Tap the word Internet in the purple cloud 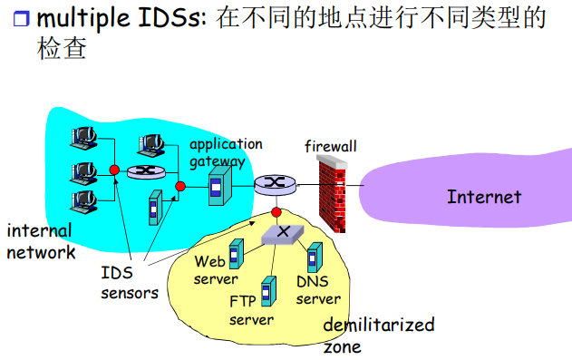484,197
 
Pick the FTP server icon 267,290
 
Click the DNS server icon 314,257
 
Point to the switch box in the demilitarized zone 282,233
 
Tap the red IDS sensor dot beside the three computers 114,170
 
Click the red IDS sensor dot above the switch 276,212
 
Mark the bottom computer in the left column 83,199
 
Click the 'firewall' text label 330,145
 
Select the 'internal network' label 41,241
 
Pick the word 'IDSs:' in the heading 179,18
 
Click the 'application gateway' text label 225,152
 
